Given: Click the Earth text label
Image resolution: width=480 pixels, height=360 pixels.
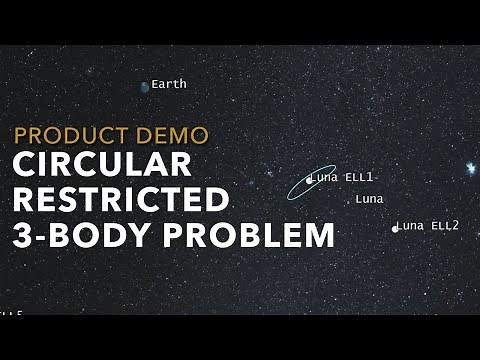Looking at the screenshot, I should pyautogui.click(x=169, y=85).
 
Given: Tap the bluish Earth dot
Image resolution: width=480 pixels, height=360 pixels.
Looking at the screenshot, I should pyautogui.click(x=145, y=87).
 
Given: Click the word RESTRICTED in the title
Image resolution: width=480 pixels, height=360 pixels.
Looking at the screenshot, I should pyautogui.click(x=121, y=200).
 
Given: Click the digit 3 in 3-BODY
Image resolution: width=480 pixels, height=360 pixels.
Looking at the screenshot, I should pyautogui.click(x=24, y=235).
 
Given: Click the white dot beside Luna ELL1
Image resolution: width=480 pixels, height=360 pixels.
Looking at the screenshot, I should pyautogui.click(x=308, y=180).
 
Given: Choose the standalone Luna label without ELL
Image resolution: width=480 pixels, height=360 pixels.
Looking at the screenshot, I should pyautogui.click(x=369, y=199).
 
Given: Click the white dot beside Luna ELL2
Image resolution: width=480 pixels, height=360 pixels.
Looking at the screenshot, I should pyautogui.click(x=395, y=228).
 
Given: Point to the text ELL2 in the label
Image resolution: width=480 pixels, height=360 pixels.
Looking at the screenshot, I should pyautogui.click(x=445, y=226).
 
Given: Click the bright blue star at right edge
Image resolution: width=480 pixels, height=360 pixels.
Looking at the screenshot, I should pyautogui.click(x=469, y=168).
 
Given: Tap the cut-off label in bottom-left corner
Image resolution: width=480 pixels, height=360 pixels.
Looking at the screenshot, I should pyautogui.click(x=11, y=315).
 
